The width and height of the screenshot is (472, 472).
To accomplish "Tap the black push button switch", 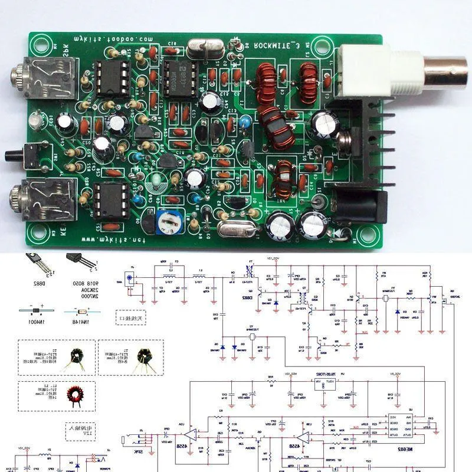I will [x=14, y=156].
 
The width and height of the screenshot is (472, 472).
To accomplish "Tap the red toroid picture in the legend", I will [x=75, y=395].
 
